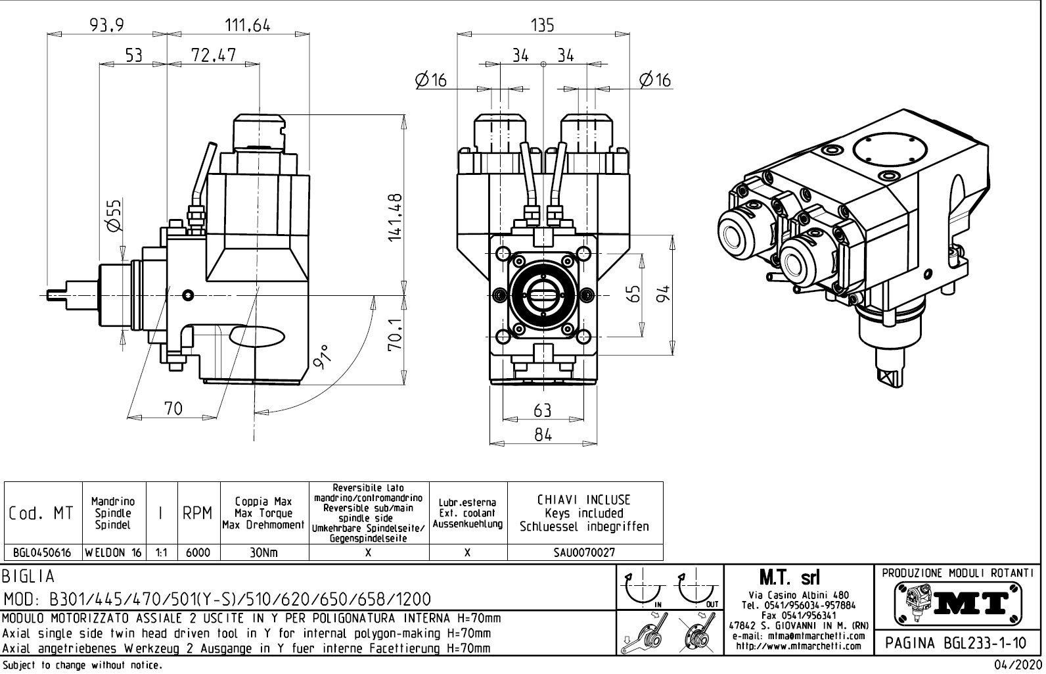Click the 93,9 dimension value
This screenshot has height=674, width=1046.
pyautogui.click(x=108, y=25)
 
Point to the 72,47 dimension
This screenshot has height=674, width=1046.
pyautogui.click(x=214, y=55)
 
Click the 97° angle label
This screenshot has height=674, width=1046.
pyautogui.click(x=323, y=357)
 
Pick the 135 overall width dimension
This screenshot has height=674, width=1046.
pyautogui.click(x=542, y=25)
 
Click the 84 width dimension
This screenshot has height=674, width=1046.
pyautogui.click(x=543, y=435)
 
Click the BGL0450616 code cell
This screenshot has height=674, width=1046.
pyautogui.click(x=43, y=553)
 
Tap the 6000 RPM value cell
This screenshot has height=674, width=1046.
pyautogui.click(x=198, y=553)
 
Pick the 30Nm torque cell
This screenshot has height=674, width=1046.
pyautogui.click(x=263, y=553)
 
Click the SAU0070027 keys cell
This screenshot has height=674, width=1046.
pyautogui.click(x=585, y=553)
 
